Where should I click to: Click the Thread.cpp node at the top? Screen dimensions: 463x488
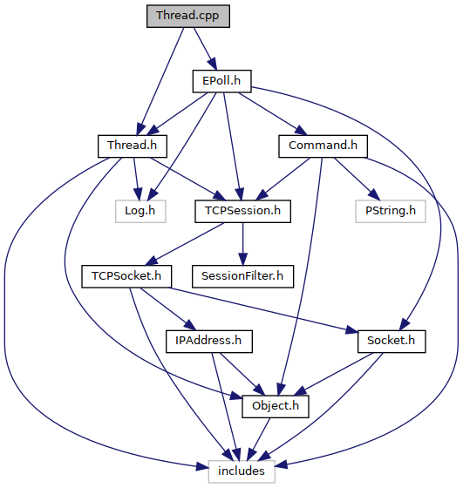188,16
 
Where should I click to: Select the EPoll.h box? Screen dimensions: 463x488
221,81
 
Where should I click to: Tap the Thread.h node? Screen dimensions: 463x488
133,146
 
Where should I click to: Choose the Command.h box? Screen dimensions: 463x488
323,146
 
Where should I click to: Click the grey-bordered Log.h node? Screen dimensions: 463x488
140,211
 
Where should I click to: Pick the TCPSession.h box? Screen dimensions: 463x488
243,211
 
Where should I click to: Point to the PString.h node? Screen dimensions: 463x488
391,211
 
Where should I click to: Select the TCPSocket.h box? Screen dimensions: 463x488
126,276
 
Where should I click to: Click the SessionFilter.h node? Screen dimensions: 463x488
243,276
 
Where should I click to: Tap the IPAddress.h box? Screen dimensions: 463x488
209,342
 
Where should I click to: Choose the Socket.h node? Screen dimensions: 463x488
392,342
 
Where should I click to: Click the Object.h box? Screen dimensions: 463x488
276,406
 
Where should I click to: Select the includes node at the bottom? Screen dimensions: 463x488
242,471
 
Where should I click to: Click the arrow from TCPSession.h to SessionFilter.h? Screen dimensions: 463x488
243,244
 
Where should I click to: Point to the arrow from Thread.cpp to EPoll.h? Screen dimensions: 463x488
205,49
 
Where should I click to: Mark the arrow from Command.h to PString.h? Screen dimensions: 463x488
357,179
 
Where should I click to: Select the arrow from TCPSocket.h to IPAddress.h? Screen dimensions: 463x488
167,309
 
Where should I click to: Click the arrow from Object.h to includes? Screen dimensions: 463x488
258,439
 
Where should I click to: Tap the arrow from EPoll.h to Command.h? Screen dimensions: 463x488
273,113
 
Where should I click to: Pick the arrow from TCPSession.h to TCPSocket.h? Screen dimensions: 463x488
184,244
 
